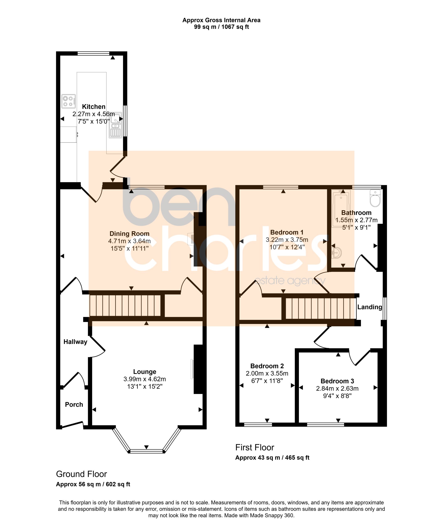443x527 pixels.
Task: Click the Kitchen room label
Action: coord(93,106)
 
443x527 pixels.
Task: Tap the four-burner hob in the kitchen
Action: coord(69,101)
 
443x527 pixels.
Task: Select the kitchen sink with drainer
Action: coord(115,125)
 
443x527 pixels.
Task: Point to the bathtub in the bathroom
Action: coord(341,209)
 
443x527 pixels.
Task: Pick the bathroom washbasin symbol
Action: coord(337,252)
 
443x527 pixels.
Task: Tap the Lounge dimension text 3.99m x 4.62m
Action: coord(145,379)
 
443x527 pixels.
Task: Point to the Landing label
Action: coord(370,307)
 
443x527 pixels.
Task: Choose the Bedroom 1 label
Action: coord(287,232)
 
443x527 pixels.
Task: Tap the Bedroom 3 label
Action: coord(337,381)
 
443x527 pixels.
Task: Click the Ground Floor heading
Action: coord(81,474)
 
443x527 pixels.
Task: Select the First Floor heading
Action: coord(255,448)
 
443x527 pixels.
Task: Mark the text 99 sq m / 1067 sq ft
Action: coord(221,27)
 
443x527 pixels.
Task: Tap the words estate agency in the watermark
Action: coord(290,281)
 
